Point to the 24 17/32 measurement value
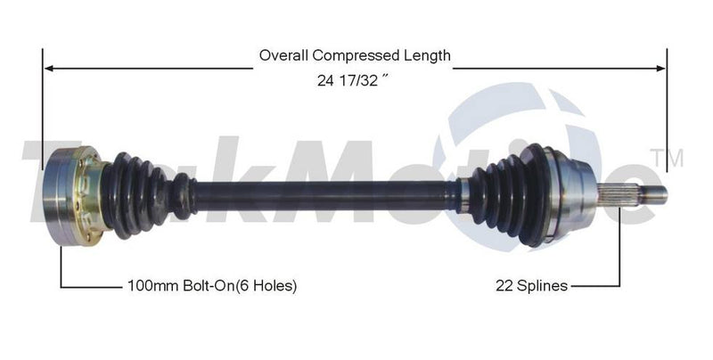click(354, 79)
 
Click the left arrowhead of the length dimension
click(50, 67)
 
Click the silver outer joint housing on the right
click(576, 192)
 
